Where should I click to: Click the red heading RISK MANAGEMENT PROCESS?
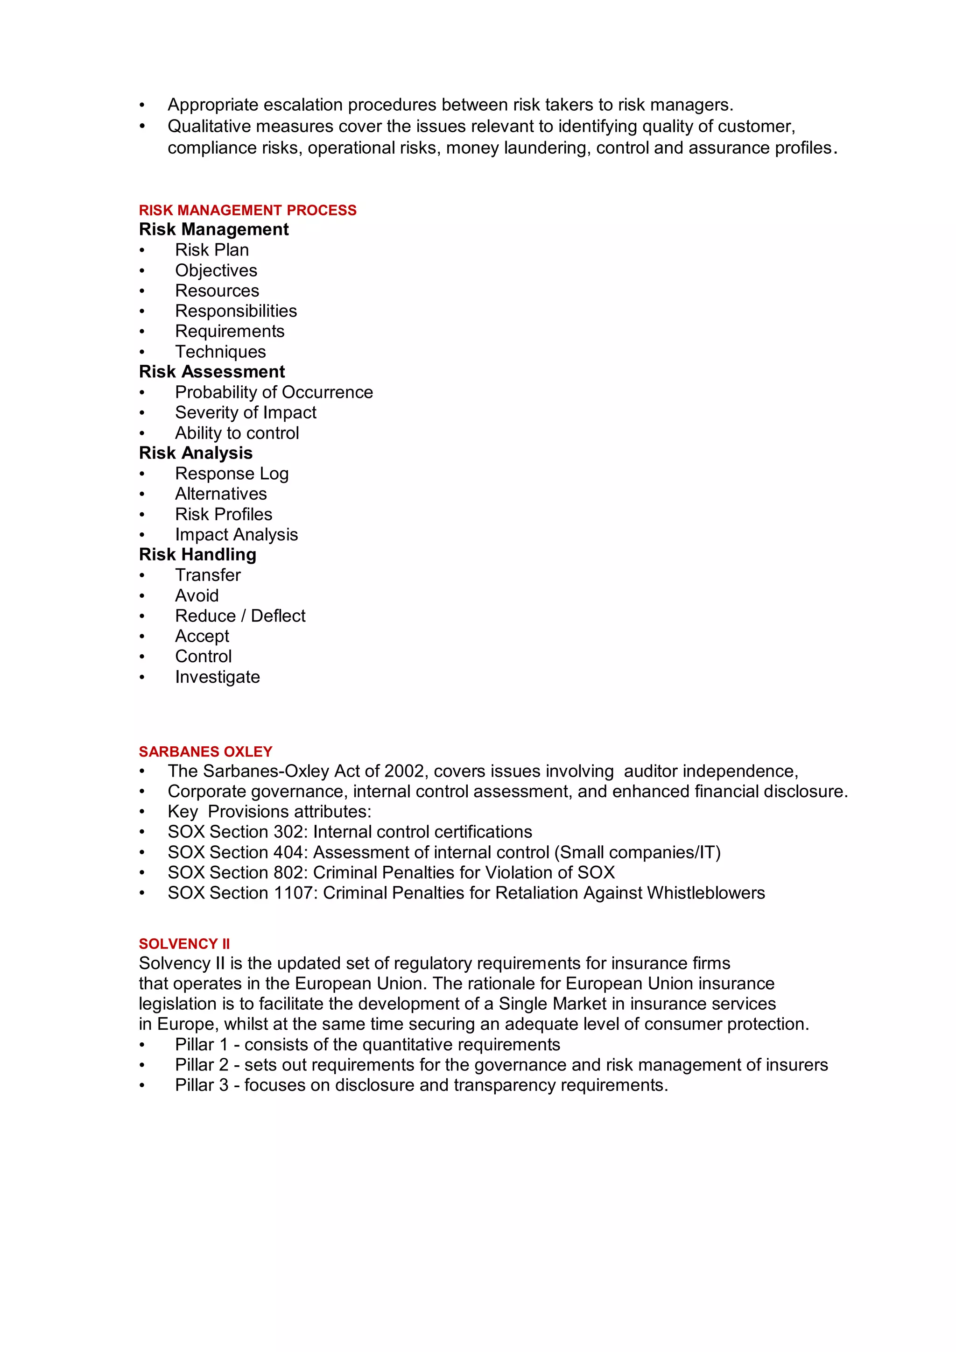tap(247, 210)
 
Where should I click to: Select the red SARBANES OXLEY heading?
tap(205, 752)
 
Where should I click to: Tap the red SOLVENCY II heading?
tap(184, 944)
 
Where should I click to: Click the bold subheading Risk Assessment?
tap(212, 372)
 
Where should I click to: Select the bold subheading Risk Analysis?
tap(196, 453)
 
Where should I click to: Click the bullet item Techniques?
tap(220, 352)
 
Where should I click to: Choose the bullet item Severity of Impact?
tap(246, 412)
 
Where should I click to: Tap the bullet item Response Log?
tap(232, 474)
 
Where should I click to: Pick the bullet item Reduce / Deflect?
tap(240, 616)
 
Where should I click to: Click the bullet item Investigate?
tap(217, 677)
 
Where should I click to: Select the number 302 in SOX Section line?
tap(291, 832)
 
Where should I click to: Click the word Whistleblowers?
tap(706, 893)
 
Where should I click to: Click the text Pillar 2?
tap(201, 1065)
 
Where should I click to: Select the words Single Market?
tap(552, 1004)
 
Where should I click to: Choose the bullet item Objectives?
tap(216, 270)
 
